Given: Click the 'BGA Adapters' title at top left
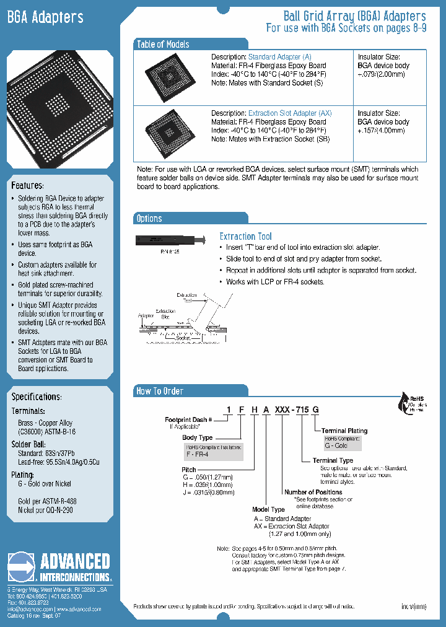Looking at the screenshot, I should point(45,17).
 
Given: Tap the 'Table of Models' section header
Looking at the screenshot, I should point(163,44).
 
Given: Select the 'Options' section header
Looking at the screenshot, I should point(149,218).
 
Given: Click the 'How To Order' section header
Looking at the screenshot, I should point(160,391).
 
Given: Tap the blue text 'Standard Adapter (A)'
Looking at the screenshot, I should point(280,57).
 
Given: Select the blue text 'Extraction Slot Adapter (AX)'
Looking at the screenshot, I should point(290,113).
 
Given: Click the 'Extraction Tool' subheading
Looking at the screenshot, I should point(245,236).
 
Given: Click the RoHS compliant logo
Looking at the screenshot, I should point(406,405).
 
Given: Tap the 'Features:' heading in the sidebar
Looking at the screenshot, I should point(27,186).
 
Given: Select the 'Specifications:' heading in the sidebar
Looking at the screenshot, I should point(37,397).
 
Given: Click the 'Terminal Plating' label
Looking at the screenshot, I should point(344,431).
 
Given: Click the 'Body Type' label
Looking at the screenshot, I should point(197,437).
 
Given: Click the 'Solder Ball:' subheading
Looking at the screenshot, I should point(28,444).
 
